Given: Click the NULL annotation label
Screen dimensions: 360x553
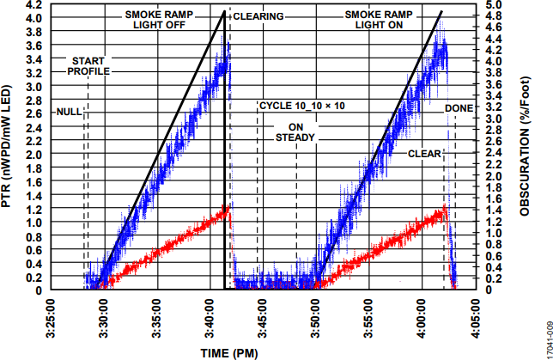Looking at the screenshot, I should (x=69, y=113).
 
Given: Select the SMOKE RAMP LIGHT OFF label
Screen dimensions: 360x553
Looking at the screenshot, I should (x=161, y=20).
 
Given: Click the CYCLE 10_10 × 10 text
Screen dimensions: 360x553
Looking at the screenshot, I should (x=301, y=106).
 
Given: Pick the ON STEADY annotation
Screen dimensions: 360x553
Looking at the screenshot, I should (x=295, y=131).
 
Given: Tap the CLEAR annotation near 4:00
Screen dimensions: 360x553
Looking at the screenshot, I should (x=423, y=154).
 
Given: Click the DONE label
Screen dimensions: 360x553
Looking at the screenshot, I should (x=458, y=107).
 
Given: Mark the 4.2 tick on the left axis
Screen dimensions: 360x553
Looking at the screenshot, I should (x=32, y=5).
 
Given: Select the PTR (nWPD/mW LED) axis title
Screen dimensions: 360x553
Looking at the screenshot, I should (x=8, y=149).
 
